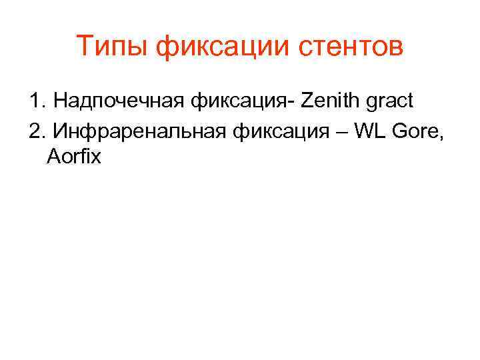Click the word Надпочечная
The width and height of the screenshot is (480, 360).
(119, 101)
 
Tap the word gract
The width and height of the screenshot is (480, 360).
(391, 101)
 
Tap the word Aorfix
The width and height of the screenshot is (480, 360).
(74, 158)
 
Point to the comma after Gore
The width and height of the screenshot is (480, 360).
(439, 135)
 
